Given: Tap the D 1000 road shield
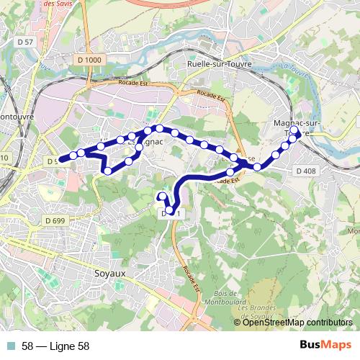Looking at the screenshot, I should [x=90, y=59].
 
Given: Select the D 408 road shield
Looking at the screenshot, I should [x=306, y=171].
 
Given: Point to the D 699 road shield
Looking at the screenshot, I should [x=54, y=220].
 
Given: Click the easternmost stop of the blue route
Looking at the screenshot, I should [x=297, y=132].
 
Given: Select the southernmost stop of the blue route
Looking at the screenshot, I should [x=168, y=210].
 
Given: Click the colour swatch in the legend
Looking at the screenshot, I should [x=10, y=346].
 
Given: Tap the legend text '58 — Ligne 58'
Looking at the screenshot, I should [x=55, y=346].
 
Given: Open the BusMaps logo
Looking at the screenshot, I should [x=325, y=346].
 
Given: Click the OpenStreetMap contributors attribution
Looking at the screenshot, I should [x=297, y=323].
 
